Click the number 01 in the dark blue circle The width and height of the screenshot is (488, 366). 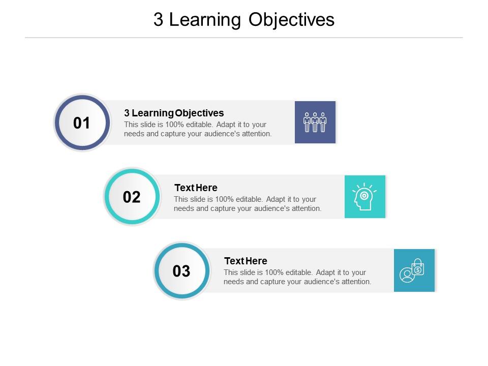81,123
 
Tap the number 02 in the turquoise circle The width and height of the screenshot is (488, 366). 132,197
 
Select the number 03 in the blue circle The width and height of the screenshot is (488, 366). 181,271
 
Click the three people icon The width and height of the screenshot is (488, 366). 315,123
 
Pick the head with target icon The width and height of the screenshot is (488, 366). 364,197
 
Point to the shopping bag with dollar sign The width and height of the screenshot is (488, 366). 418,267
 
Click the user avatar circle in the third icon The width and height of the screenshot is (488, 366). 407,275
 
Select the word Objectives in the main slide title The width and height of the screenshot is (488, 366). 291,20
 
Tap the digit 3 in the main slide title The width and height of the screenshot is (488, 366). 158,20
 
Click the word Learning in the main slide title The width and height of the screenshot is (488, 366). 205,20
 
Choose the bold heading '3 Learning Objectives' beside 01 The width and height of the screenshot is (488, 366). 174,113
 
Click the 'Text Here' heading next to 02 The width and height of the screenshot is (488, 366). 196,188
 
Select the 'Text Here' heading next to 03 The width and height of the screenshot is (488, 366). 246,261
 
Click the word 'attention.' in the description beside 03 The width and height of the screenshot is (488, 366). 356,282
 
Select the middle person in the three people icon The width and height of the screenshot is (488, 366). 315,123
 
